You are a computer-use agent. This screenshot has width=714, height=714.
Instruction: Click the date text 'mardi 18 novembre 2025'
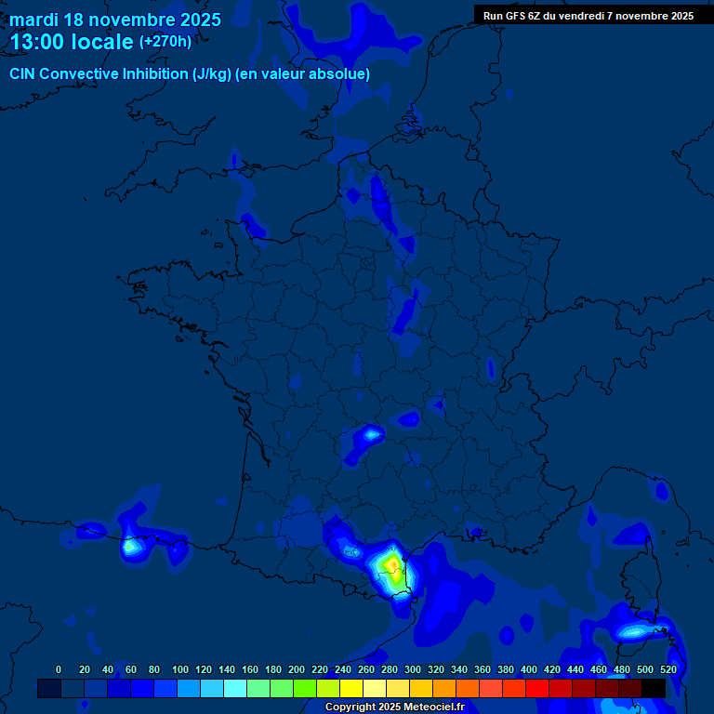point(115,20)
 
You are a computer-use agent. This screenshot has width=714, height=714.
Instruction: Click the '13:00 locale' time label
point(72,42)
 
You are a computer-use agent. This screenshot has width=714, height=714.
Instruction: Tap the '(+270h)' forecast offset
point(165,42)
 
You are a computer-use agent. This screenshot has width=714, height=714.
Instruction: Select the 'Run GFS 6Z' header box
point(588,16)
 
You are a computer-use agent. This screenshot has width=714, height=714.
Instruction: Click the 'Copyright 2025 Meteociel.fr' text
point(394,707)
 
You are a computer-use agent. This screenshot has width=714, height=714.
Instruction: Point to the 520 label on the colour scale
point(668,669)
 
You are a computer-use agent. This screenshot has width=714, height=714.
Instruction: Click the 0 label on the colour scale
point(59,669)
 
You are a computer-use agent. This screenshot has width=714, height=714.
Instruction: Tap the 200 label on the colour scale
point(297,669)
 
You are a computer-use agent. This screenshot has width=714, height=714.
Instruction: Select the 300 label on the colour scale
point(413,669)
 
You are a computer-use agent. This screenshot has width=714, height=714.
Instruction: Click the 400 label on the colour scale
point(529,669)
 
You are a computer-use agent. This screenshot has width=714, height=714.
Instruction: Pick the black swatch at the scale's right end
point(654,688)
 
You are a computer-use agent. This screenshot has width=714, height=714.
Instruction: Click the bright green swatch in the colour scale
point(305,688)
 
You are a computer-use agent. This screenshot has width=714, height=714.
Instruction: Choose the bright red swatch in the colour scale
point(537,688)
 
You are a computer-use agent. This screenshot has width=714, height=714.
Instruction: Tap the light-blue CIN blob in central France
point(371,434)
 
